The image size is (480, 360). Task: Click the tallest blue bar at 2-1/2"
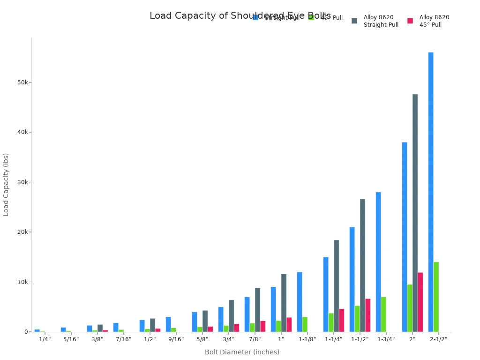[x=431, y=192]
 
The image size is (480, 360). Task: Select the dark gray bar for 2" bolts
[x=415, y=213]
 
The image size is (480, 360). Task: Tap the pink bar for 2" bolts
[x=420, y=302]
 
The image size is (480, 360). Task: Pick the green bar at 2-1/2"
[x=436, y=297]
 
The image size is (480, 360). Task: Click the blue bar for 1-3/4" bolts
[x=378, y=262]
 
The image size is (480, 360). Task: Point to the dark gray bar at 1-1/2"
[x=362, y=265]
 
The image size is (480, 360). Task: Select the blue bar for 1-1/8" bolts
[x=300, y=302]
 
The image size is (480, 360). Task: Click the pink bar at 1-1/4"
[x=342, y=320]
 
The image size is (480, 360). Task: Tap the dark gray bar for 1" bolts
[x=284, y=303]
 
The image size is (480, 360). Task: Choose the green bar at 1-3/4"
[x=383, y=314]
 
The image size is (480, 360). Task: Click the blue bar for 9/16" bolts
[x=168, y=324]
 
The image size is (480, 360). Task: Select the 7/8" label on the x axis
[x=255, y=339]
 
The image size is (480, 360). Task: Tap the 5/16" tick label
[x=71, y=339]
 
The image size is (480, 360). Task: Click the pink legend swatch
[x=410, y=21]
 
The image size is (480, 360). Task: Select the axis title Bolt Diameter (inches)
[x=242, y=352]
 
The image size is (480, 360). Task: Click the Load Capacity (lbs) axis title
[x=6, y=184]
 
